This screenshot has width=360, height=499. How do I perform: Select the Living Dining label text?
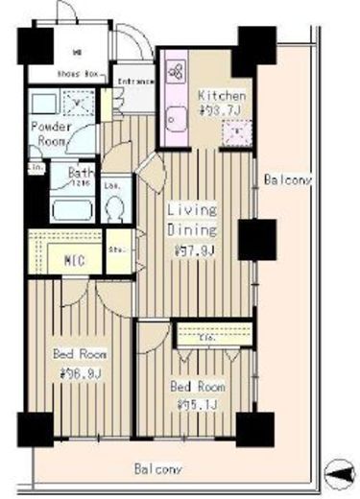tap(193, 220)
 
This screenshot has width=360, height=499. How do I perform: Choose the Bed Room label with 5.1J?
tap(198, 394)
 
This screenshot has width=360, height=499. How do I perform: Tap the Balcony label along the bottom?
tap(156, 469)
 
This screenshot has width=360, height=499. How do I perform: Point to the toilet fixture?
tap(114, 206)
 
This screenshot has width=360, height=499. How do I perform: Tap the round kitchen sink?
tap(176, 118)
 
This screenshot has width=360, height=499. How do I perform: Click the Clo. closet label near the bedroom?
tap(206, 337)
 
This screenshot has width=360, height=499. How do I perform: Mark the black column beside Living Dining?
tap(256, 239)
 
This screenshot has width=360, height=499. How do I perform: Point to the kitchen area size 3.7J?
tap(222, 111)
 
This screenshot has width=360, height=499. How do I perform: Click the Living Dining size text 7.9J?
tap(191, 252)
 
